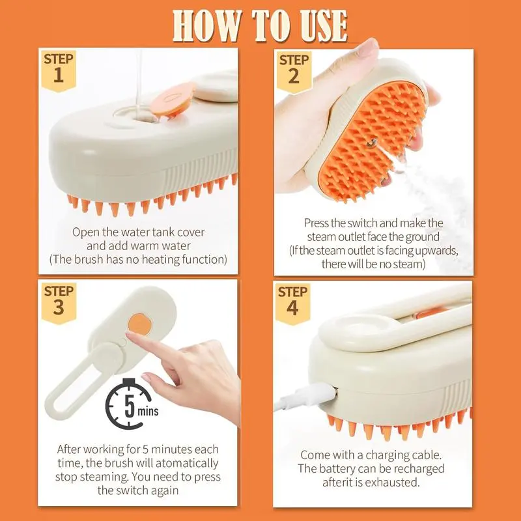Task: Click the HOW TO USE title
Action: (x=260, y=25)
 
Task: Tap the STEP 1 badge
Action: (x=59, y=70)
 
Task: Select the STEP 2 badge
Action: (x=294, y=72)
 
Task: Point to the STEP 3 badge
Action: (x=59, y=302)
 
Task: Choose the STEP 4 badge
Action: (x=292, y=303)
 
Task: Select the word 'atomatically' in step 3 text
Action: (x=187, y=463)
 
